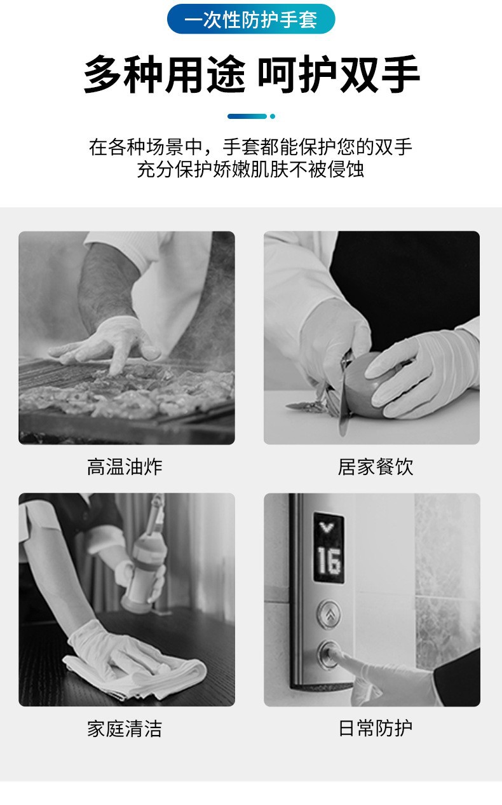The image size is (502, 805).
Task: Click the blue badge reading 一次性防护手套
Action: [251, 19]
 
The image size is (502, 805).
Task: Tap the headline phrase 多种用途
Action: [165, 75]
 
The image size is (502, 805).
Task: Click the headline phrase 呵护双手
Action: [339, 75]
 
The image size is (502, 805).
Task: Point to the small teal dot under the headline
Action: [273, 116]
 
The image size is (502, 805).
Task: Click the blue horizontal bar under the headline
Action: [247, 116]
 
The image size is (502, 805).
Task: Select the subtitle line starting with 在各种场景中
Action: [250, 147]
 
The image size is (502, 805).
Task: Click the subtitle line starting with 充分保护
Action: [250, 169]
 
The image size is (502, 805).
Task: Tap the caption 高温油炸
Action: [125, 467]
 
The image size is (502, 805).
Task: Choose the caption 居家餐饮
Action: [376, 467]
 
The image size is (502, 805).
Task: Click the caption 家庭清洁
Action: [125, 729]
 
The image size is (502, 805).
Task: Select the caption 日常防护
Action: [376, 729]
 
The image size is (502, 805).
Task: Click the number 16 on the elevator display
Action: [329, 561]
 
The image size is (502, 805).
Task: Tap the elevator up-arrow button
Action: [329, 614]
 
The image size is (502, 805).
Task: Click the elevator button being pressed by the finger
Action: [328, 655]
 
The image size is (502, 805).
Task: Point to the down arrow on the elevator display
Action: [327, 527]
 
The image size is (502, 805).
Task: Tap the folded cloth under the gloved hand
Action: [135, 676]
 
